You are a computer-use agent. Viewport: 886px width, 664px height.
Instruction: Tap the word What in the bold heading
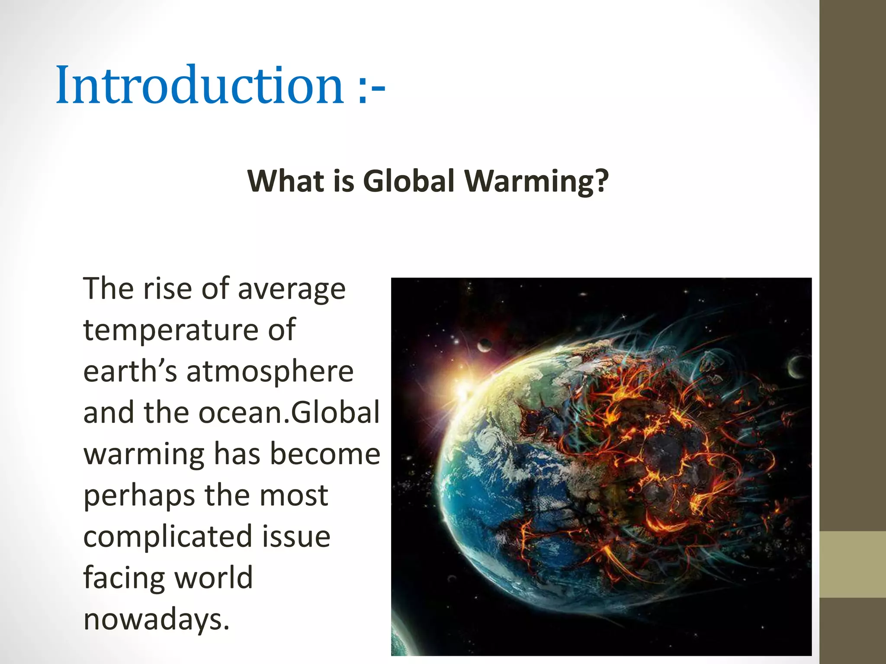coord(286,181)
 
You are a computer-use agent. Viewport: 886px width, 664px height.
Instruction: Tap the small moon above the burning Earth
coord(484,345)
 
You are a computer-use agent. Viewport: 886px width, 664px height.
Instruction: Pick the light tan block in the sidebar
coord(853,564)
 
